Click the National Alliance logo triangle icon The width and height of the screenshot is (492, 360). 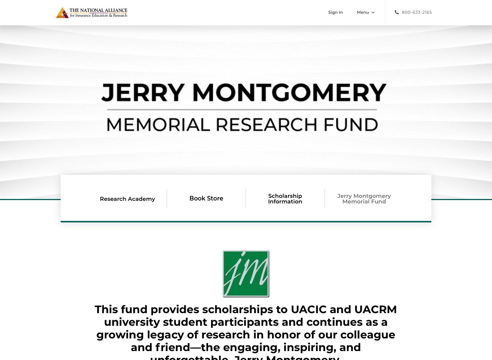tap(62, 13)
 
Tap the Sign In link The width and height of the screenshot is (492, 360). tap(335, 12)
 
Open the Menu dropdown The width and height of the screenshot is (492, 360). tap(363, 12)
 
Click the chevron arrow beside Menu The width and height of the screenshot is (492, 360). tap(373, 13)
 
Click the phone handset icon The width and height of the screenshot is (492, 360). tap(397, 12)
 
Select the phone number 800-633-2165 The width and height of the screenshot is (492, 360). tap(416, 12)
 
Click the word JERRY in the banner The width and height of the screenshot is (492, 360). tap(143, 92)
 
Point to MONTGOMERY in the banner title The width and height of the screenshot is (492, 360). tap(289, 92)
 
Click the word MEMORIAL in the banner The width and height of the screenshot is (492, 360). tap(158, 125)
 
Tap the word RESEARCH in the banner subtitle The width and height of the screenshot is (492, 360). tap(266, 125)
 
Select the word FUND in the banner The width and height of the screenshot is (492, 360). tap(351, 125)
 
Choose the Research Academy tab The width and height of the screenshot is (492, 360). tap(127, 199)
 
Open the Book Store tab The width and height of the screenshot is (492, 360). tap(206, 199)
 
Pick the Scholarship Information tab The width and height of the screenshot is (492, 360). tap(285, 199)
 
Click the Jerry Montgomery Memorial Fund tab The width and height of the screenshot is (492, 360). tap(364, 199)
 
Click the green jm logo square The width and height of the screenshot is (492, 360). tap(246, 274)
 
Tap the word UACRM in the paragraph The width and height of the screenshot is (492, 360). tap(375, 309)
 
